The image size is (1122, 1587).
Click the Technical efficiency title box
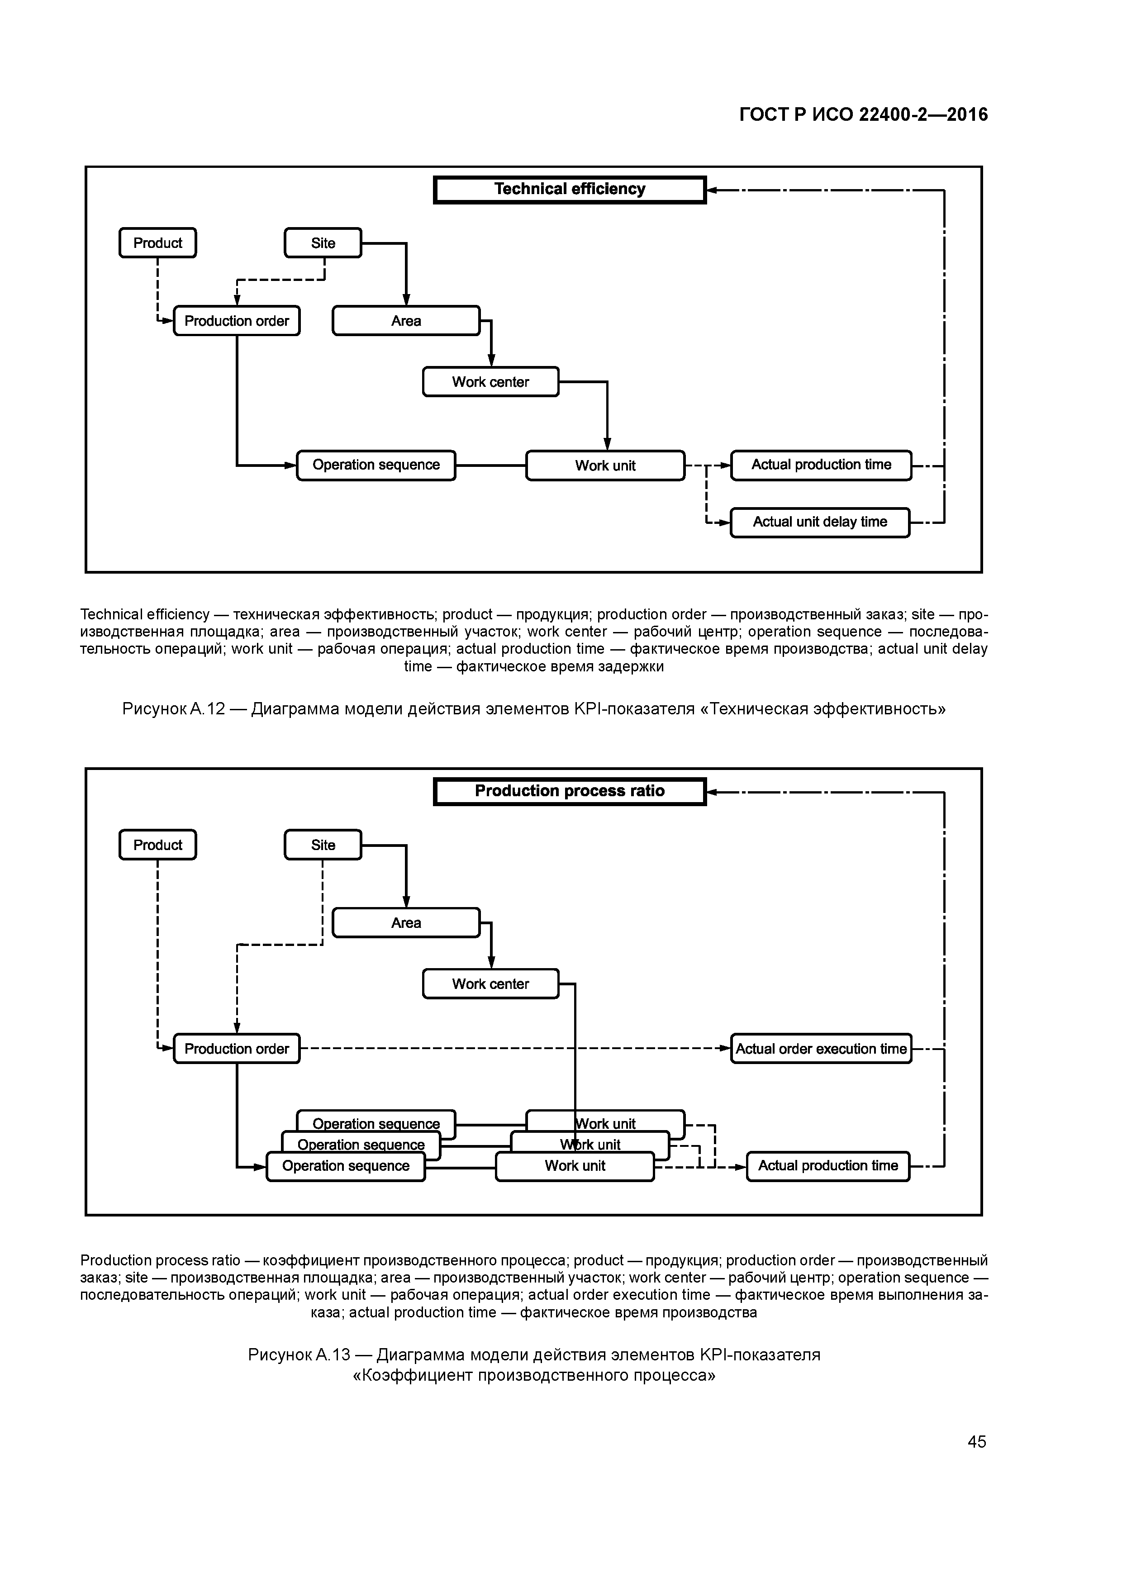570,190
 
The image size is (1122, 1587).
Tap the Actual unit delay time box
820,523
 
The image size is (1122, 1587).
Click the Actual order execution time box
821,1049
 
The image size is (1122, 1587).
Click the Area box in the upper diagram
406,321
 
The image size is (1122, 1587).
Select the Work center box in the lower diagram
490,984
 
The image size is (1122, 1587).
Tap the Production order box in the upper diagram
237,321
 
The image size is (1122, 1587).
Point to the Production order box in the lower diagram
237,1049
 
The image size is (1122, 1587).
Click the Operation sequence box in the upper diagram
376,465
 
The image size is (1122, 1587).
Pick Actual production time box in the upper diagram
821,465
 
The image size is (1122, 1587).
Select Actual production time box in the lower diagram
828,1166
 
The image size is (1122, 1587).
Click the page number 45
977,1442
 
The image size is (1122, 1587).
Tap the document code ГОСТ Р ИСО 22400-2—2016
864,115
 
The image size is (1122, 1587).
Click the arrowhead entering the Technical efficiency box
713,190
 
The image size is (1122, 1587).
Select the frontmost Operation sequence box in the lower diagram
346,1167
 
